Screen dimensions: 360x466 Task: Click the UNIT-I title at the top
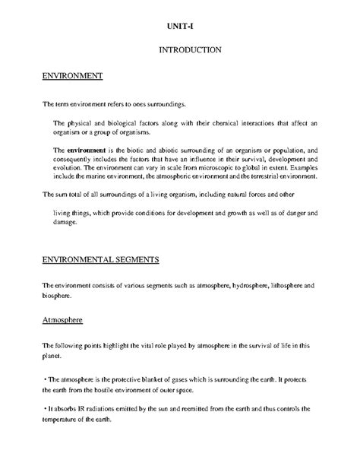(x=180, y=27)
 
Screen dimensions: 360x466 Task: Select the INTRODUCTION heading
(x=190, y=50)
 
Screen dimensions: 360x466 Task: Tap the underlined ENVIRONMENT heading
(x=72, y=76)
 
